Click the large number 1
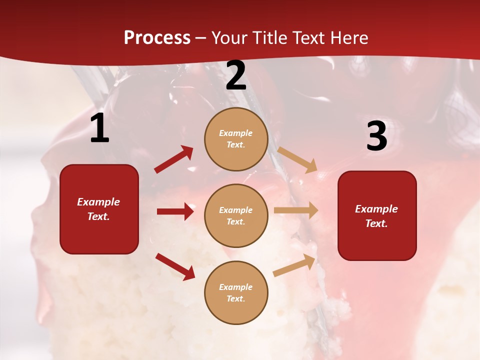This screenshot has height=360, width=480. click(x=99, y=128)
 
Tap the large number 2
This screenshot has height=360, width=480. click(x=236, y=76)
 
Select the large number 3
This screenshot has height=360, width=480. click(x=376, y=136)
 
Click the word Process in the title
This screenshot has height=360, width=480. click(x=157, y=37)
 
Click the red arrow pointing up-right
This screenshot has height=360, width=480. click(x=174, y=159)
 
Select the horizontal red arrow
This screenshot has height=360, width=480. click(x=175, y=211)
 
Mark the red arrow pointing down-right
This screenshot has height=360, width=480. click(x=175, y=266)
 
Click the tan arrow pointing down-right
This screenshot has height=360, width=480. click(x=297, y=160)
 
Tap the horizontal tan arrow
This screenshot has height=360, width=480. click(x=296, y=210)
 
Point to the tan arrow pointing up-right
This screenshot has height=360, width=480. click(x=294, y=265)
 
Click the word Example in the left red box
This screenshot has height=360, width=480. click(x=98, y=202)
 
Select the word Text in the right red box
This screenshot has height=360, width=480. click(x=376, y=223)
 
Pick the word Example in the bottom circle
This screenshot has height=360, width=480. click(x=235, y=287)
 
